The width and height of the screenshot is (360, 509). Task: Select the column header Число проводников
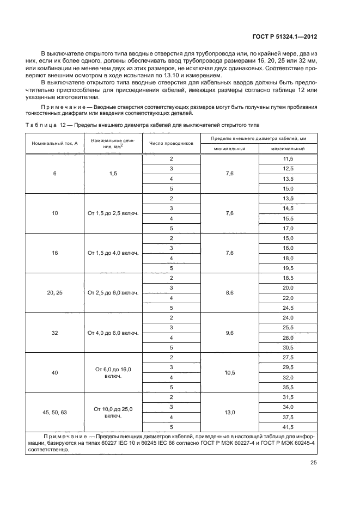click(171, 144)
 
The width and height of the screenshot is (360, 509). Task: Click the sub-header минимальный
click(229, 149)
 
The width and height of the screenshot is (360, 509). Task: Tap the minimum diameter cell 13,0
click(229, 412)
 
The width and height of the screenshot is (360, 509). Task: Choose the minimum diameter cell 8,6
click(229, 293)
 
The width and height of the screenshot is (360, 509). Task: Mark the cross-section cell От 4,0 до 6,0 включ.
click(113, 333)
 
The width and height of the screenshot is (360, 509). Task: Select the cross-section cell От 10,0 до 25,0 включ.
click(113, 412)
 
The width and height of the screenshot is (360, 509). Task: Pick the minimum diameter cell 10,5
click(229, 372)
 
